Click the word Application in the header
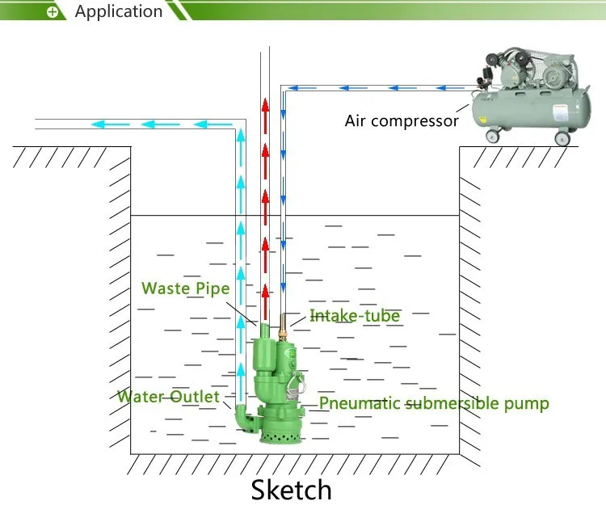pos(119,11)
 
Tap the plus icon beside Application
pos(53,12)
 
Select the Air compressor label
pos(402,121)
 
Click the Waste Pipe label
pos(185,288)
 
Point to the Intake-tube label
pos(355,316)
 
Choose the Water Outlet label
pos(168,397)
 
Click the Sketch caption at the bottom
pos(291,489)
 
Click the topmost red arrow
pos(264,106)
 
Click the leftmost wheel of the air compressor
pos(490,135)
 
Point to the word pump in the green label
pos(529,403)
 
